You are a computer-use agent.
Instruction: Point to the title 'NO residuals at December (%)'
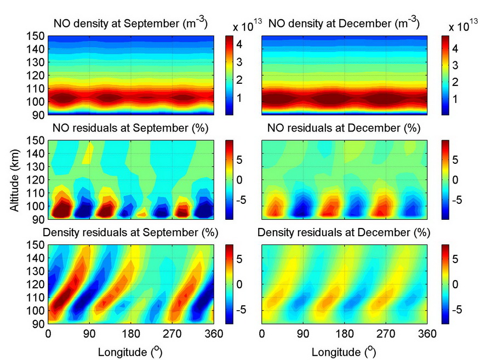[x=340, y=129]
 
